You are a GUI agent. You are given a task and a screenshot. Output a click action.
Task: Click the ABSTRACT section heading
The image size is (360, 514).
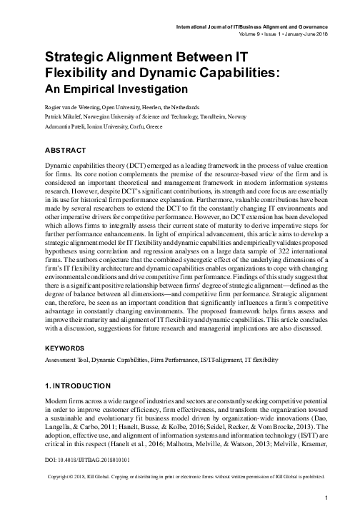pos(66,152)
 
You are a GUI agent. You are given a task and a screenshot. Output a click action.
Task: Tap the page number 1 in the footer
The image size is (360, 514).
pos(326,498)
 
